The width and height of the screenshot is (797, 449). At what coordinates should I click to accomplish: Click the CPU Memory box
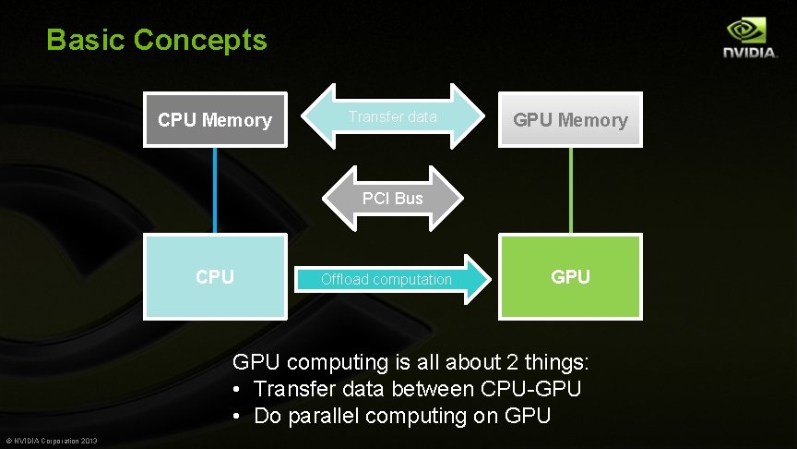coord(215,119)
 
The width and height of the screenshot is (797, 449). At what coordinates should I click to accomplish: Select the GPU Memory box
coord(570,119)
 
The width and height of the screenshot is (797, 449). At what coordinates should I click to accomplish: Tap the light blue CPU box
coord(215,276)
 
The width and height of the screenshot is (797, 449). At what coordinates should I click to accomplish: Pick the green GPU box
coord(570,276)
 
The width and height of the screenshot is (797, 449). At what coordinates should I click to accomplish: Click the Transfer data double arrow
coord(393,117)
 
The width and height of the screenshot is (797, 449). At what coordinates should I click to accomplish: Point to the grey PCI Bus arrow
coord(393,198)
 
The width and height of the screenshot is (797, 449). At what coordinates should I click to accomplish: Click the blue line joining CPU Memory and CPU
coord(215,189)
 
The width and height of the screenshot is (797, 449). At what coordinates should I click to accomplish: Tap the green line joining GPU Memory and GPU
coord(570,189)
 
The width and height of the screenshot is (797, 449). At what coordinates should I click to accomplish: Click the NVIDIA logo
coord(749,39)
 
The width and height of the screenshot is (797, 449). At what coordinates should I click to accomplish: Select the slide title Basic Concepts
coord(157,40)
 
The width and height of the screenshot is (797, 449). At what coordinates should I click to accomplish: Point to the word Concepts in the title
coord(200,40)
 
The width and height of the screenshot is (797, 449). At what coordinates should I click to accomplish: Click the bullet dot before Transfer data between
coord(237,390)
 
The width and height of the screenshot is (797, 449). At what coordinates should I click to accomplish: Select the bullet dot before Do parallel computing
coord(237,417)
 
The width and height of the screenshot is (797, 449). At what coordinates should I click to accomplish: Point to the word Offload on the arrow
coord(344,279)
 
